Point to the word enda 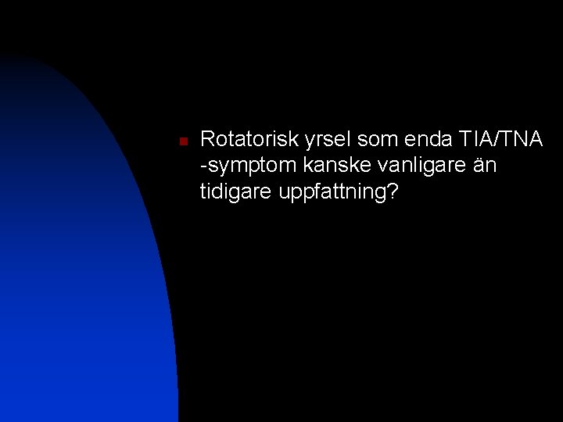point(425,141)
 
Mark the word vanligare point(407,167)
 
